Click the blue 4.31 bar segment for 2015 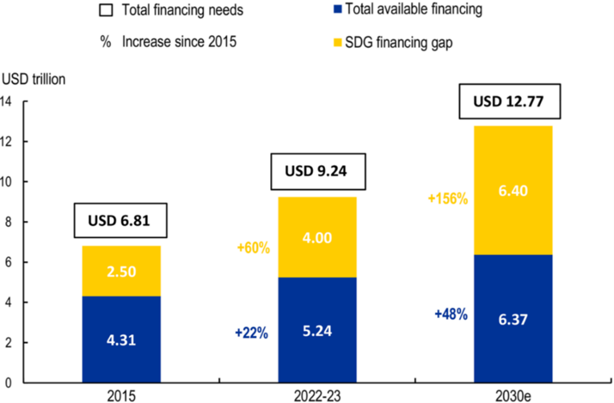(x=121, y=339)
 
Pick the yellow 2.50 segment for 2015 (x=121, y=271)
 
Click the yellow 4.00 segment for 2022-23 (x=317, y=237)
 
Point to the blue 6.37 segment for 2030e (x=513, y=318)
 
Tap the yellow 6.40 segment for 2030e (x=513, y=190)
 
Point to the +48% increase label (x=450, y=314)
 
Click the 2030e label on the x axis (x=514, y=395)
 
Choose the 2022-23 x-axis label (x=317, y=395)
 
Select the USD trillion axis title (x=35, y=79)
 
